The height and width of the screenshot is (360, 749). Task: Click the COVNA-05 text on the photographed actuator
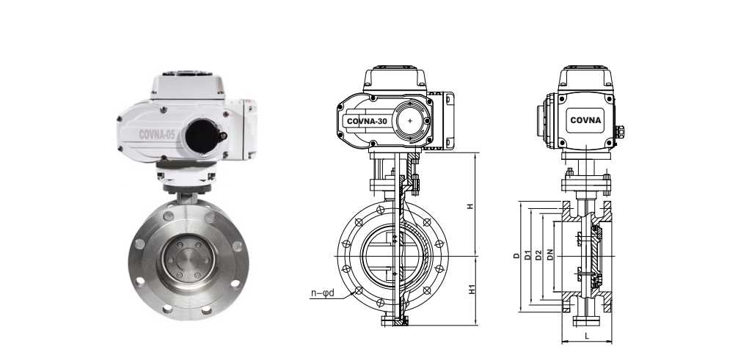pos(157,135)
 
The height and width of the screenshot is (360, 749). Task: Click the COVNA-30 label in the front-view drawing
pos(367,121)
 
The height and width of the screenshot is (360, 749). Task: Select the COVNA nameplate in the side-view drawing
pos(585,120)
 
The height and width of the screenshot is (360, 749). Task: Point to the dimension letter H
pos(470,206)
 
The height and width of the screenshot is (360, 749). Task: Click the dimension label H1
pos(472,289)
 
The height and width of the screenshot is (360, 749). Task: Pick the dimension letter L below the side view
pos(587,336)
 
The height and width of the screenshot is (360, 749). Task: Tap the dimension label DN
pos(550,255)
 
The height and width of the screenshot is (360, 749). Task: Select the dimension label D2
pos(538,255)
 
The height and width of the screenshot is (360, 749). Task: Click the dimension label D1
pos(527,255)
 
